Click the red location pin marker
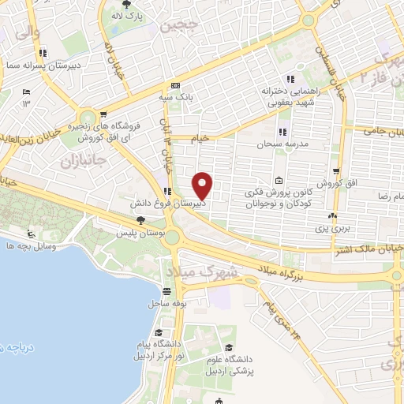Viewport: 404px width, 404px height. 204,186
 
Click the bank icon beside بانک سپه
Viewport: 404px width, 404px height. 175,86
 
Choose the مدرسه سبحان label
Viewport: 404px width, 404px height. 281,145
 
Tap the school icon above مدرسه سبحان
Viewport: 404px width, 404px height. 282,132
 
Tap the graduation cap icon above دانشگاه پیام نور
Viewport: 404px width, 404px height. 159,332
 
